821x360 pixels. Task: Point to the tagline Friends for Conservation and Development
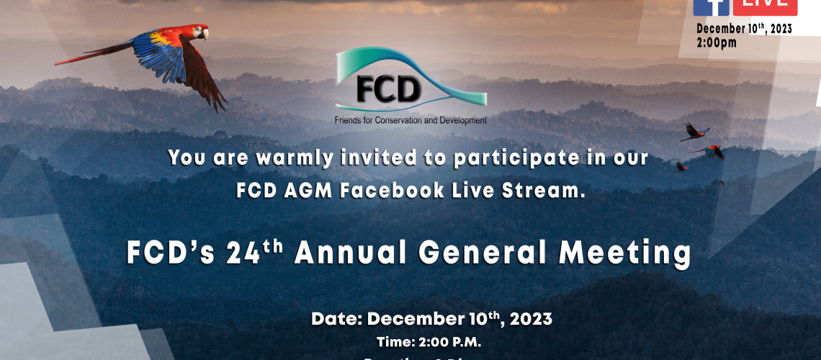pyautogui.click(x=410, y=120)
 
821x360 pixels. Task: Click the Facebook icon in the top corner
pyautogui.click(x=711, y=6)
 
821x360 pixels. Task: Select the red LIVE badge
pyautogui.click(x=765, y=6)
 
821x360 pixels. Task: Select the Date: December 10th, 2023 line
pyautogui.click(x=431, y=318)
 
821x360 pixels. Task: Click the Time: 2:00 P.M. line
pyautogui.click(x=429, y=341)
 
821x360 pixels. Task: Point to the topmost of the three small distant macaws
pyautogui.click(x=694, y=131)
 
